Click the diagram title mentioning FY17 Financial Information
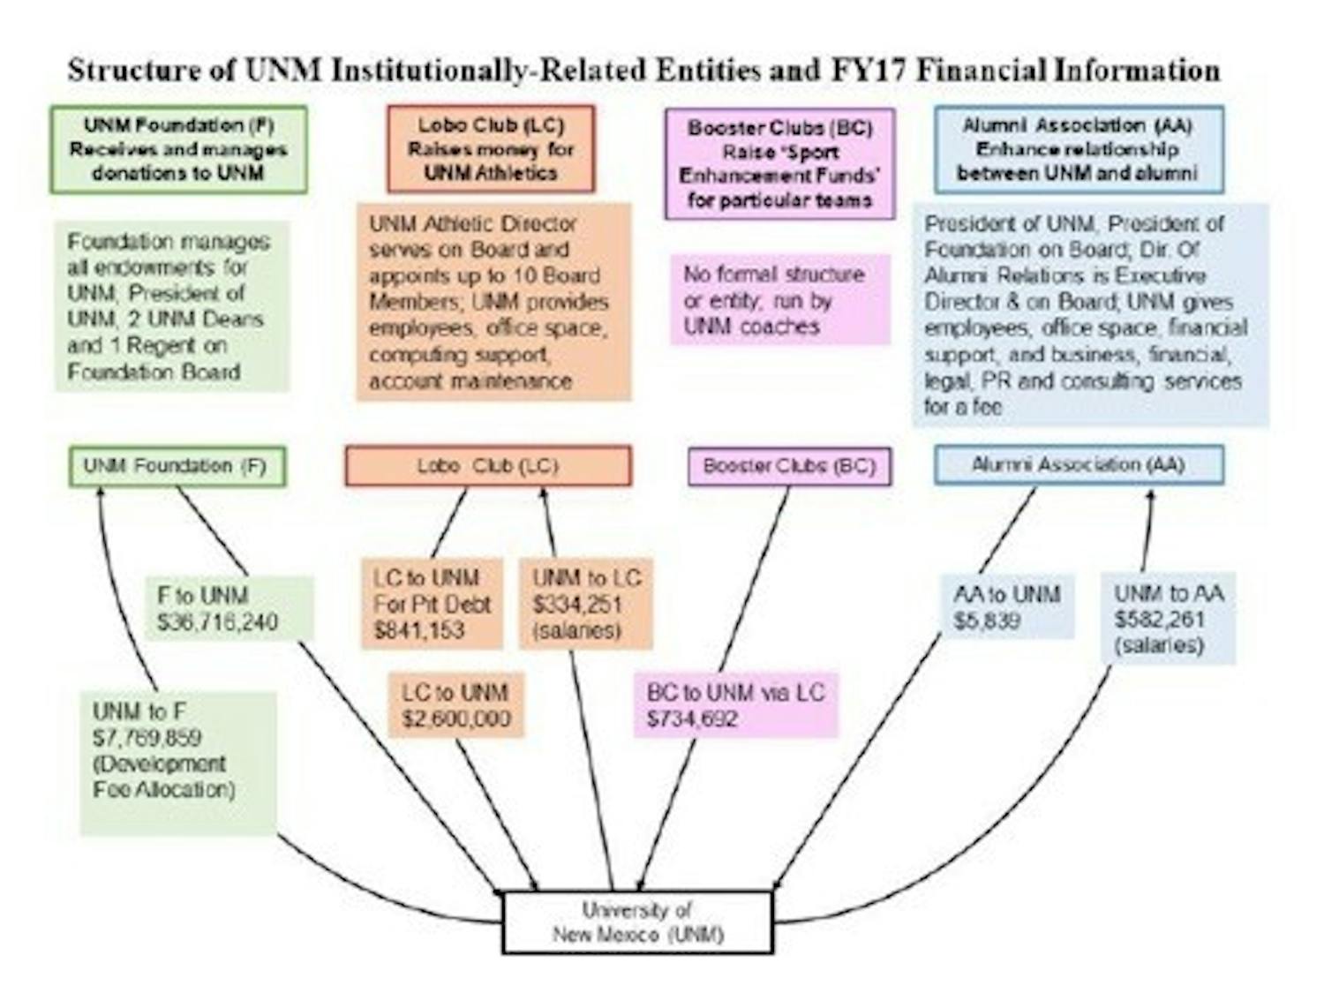tap(643, 70)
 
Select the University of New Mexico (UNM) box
tap(637, 922)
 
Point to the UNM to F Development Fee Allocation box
tap(177, 763)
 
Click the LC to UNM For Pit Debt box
tap(432, 604)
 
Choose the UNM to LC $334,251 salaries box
tap(586, 604)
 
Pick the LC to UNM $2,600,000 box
tap(456, 704)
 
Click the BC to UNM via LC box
tap(735, 704)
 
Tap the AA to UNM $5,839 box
tap(1007, 606)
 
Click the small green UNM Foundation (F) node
tap(177, 466)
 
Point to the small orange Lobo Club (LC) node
tap(488, 466)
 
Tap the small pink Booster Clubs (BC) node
tap(789, 466)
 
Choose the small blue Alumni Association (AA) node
tap(1079, 464)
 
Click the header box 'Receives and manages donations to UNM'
tap(178, 149)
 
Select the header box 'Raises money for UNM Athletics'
tap(491, 149)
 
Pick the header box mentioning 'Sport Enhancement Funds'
tap(779, 163)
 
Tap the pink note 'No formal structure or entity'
tap(779, 300)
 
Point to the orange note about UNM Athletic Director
tap(493, 302)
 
